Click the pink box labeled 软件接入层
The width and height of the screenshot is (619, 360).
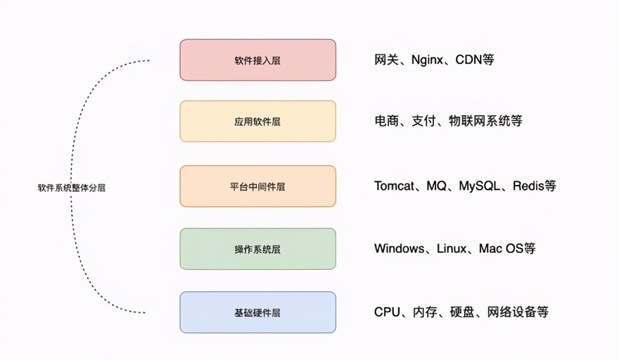coord(257,60)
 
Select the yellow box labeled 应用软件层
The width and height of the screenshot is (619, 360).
coord(257,121)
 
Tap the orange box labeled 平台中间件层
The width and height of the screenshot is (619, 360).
coord(257,186)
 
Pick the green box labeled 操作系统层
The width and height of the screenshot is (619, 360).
coord(257,249)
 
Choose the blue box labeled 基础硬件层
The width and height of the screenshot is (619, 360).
coord(257,312)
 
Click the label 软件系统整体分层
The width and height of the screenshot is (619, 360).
coord(72,188)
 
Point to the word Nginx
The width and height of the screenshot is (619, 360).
coord(427,60)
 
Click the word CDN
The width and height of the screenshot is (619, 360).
coord(468,60)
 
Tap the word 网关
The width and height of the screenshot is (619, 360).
coord(386,60)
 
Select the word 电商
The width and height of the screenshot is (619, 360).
coord(386,121)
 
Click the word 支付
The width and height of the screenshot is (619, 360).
coord(423,121)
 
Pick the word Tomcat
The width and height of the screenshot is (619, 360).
coord(395,186)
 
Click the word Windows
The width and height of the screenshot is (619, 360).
coord(399,248)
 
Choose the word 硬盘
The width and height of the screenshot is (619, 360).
coord(462,312)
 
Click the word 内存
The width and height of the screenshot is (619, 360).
coord(425,312)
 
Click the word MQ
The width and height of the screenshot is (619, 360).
coord(436,186)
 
